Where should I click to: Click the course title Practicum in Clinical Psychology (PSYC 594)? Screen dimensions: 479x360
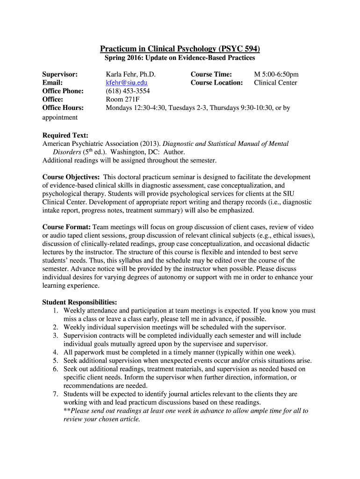point(180,49)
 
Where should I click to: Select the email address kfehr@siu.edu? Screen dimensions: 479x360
point(127,83)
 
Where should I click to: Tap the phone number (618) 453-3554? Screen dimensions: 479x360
point(128,91)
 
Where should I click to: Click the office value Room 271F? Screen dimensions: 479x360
point(122,99)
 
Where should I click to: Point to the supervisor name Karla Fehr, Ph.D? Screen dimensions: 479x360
point(130,74)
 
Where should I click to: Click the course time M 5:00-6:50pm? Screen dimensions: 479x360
point(276,74)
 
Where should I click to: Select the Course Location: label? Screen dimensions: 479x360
point(216,83)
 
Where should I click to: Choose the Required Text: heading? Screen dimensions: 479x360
point(65,136)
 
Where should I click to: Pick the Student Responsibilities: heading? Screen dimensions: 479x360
point(79,302)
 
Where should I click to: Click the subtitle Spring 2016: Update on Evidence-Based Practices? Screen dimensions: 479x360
point(180,58)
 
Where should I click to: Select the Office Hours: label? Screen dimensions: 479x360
point(63,108)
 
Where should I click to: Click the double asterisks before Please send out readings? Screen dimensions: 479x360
point(67,411)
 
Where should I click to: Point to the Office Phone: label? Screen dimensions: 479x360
point(63,91)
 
